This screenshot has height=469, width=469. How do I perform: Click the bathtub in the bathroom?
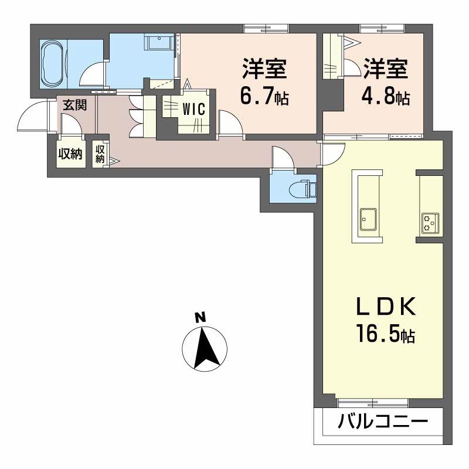pyautogui.click(x=52, y=64)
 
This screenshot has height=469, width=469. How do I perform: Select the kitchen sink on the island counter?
pyautogui.click(x=368, y=219)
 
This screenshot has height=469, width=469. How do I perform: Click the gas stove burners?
pyautogui.click(x=430, y=223)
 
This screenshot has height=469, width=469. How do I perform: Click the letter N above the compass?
pyautogui.click(x=200, y=317)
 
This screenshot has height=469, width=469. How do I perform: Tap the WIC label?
pyautogui.click(x=193, y=109)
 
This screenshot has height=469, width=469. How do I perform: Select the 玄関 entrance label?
pyautogui.click(x=75, y=105)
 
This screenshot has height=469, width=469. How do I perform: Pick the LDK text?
pyautogui.click(x=386, y=306)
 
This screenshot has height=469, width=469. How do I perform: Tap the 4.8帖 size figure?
pyautogui.click(x=386, y=95)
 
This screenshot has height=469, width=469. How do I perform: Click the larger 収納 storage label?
pyautogui.click(x=70, y=154)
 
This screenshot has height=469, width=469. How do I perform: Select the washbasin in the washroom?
pyautogui.click(x=158, y=42)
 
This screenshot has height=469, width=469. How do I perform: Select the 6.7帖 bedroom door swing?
pyautogui.click(x=230, y=122)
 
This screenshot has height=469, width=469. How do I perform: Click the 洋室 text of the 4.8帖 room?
pyautogui.click(x=386, y=69)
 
